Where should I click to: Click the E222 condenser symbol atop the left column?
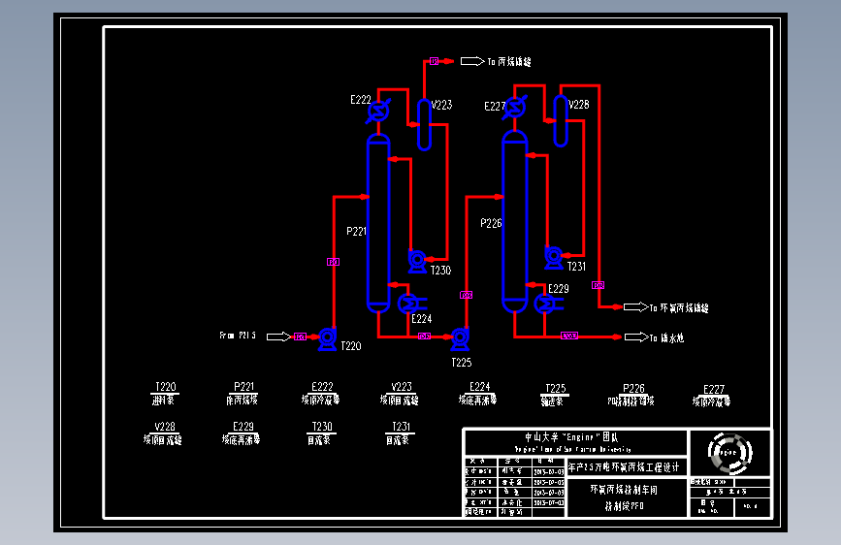point(378,112)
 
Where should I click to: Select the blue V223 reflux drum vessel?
point(424,125)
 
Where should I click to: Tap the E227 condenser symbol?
point(514,108)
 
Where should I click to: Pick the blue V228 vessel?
point(561,120)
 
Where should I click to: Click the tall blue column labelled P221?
point(377,223)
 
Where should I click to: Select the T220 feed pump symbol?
point(327,337)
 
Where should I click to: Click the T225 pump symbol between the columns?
point(460,337)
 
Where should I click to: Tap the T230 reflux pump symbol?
point(417,259)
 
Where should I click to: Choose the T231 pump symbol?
point(553,257)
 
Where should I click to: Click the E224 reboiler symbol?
point(407,304)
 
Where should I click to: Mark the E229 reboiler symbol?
point(544,303)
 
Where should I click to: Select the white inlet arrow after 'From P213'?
point(277,337)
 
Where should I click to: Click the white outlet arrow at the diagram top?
point(471,61)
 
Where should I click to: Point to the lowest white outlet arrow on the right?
point(635,337)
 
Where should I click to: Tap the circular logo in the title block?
point(729,450)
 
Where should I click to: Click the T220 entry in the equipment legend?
point(166,393)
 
